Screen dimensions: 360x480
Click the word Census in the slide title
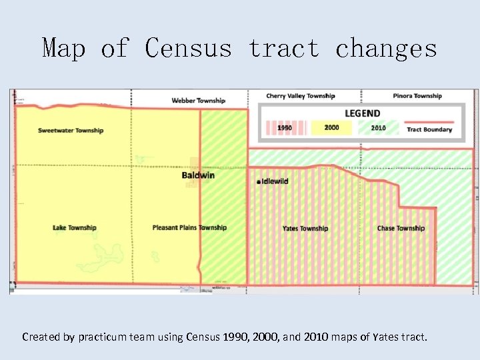(189, 48)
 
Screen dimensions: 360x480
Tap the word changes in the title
(386, 48)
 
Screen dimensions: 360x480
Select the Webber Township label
(199, 101)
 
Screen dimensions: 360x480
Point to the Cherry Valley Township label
(301, 96)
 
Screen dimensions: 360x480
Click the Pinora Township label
(417, 96)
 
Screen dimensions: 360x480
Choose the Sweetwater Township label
(71, 131)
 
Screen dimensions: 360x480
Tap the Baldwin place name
(198, 175)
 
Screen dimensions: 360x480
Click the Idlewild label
(275, 181)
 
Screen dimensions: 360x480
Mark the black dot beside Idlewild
(258, 182)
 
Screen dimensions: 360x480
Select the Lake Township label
(75, 228)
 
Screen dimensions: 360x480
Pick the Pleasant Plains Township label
(189, 228)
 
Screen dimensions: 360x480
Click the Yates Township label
(305, 229)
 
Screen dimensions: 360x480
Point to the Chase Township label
(401, 229)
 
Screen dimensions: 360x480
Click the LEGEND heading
(362, 113)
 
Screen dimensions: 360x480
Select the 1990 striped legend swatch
(285, 128)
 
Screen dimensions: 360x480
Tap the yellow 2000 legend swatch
(331, 128)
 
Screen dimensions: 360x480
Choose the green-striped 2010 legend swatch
(378, 128)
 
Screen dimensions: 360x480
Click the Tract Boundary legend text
(429, 130)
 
